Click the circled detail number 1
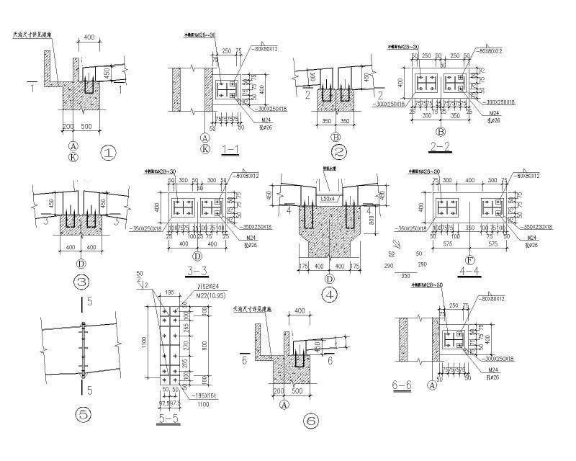click(109, 153)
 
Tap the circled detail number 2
click(339, 152)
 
